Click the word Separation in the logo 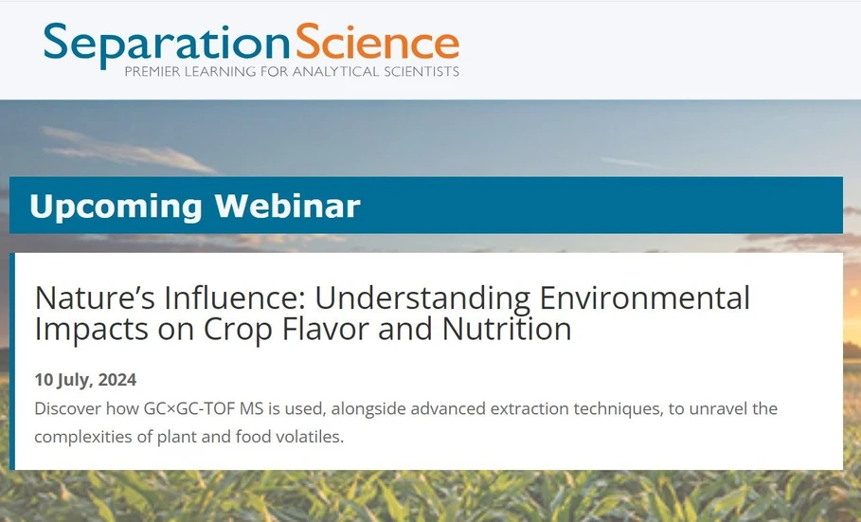(x=165, y=44)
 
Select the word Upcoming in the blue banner (x=115, y=206)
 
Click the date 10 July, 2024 (x=85, y=380)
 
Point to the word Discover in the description (x=64, y=408)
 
